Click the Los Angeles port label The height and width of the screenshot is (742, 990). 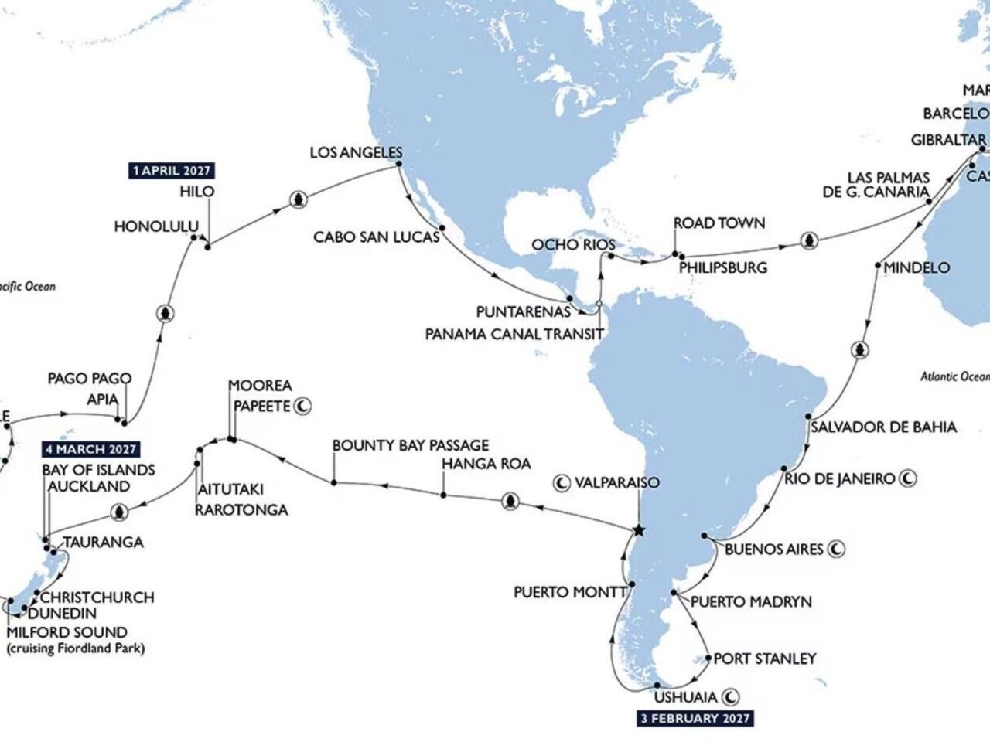(356, 152)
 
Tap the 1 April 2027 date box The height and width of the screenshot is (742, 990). (172, 170)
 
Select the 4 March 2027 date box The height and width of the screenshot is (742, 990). (90, 449)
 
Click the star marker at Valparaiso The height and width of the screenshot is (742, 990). (638, 530)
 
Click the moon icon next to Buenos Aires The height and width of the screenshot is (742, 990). (836, 550)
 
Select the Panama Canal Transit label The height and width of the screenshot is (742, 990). (514, 335)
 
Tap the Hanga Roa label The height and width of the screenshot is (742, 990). (486, 464)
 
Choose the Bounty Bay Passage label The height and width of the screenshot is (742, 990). (411, 445)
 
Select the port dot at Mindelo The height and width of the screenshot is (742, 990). (877, 266)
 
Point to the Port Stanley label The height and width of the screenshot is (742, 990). (764, 659)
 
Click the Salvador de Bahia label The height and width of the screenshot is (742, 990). (883, 427)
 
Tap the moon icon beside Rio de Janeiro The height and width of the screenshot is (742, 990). (909, 478)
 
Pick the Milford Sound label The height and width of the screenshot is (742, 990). (67, 632)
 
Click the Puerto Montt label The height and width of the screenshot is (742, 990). (571, 593)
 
